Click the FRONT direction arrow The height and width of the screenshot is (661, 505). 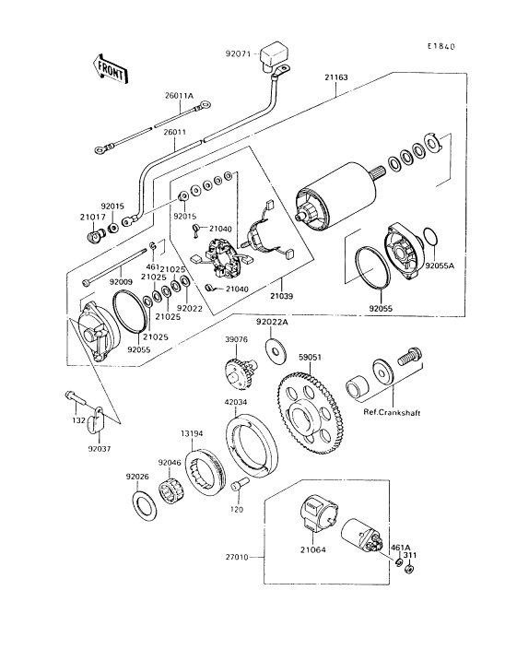pyautogui.click(x=109, y=68)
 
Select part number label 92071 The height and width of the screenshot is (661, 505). pyautogui.click(x=238, y=54)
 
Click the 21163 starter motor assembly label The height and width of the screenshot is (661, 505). pyautogui.click(x=336, y=77)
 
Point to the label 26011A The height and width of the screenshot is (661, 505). pyautogui.click(x=179, y=96)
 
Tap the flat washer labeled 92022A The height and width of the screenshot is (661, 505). pyautogui.click(x=276, y=349)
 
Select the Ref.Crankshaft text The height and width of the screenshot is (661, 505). pyautogui.click(x=392, y=413)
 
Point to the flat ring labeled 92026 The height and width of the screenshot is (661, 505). pyautogui.click(x=145, y=505)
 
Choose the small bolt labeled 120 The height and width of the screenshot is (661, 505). pyautogui.click(x=238, y=488)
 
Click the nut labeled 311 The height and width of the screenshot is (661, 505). pyautogui.click(x=408, y=570)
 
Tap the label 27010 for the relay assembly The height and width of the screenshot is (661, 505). pyautogui.click(x=238, y=558)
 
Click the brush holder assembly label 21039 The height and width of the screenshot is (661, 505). pyautogui.click(x=282, y=296)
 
